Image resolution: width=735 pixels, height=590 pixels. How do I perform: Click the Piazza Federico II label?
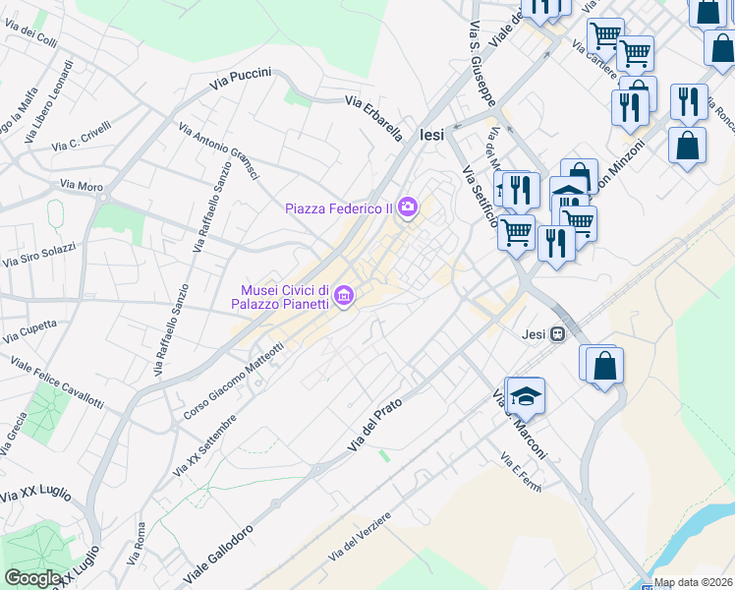pyautogui.click(x=339, y=207)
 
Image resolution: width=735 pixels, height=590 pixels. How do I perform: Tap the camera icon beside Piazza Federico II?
pyautogui.click(x=408, y=207)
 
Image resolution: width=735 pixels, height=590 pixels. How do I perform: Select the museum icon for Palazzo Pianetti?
pyautogui.click(x=343, y=295)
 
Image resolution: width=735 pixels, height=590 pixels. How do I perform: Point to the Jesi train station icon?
pyautogui.click(x=558, y=333)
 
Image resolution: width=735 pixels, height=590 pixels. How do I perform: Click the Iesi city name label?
pyautogui.click(x=433, y=137)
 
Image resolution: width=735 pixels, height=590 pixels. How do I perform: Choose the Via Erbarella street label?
pyautogui.click(x=373, y=117)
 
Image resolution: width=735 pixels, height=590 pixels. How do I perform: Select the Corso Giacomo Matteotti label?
pyautogui.click(x=233, y=383)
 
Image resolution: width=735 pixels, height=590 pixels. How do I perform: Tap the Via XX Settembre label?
pyautogui.click(x=204, y=446)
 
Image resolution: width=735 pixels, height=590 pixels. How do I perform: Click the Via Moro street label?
pyautogui.click(x=81, y=184)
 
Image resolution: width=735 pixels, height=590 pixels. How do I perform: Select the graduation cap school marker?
pyautogui.click(x=527, y=395)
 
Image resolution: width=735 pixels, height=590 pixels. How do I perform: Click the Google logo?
pyautogui.click(x=32, y=578)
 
